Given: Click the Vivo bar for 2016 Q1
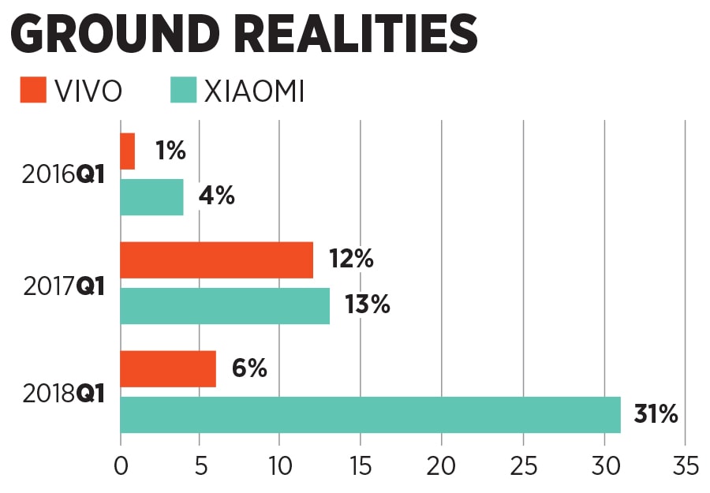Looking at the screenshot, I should click(x=128, y=151).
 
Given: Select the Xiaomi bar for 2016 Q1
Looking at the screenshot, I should click(x=151, y=196).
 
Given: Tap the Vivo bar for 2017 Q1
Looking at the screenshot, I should click(x=216, y=260).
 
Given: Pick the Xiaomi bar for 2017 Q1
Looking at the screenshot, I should click(x=225, y=305).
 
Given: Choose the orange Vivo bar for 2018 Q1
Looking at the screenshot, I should click(x=168, y=369).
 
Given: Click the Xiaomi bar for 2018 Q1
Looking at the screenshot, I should click(x=370, y=415).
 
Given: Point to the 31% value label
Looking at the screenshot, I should click(x=656, y=414).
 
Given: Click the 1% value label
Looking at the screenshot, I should click(x=170, y=151).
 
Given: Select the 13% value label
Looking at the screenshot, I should click(x=367, y=305).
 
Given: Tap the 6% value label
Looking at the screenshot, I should click(x=250, y=368).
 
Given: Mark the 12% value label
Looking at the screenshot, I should click(x=350, y=260).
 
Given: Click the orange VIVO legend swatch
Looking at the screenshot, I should click(x=34, y=90).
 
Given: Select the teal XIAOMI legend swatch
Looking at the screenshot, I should click(x=183, y=90).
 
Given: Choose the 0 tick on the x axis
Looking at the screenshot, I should click(x=121, y=466).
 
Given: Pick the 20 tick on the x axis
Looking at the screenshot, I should click(x=443, y=466).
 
